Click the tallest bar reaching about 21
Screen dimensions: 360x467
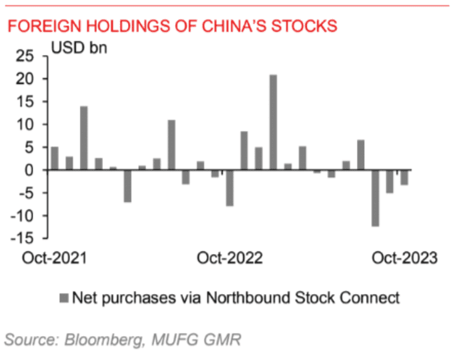[x=274, y=122]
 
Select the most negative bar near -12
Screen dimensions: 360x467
[x=376, y=198]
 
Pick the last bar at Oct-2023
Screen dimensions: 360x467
[x=404, y=177]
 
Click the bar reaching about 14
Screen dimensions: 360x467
[x=84, y=138]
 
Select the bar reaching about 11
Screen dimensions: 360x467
[x=171, y=145]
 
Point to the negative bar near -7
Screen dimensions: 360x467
[x=127, y=186]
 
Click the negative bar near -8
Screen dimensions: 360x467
[x=229, y=188]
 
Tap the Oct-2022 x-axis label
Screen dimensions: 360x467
[x=230, y=258]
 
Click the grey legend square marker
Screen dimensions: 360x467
[x=65, y=297]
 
